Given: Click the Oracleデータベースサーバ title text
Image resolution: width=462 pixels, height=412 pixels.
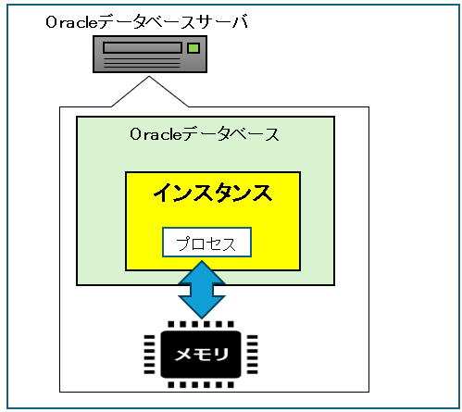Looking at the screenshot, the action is point(147,22).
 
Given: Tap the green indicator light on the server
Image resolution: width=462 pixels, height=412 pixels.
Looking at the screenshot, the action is point(194,48).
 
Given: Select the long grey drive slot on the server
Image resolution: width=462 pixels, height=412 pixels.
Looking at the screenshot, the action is point(143,48).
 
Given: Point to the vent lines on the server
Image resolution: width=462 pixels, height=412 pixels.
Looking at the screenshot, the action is point(143,62).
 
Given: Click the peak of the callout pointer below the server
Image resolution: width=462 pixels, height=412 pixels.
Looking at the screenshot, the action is point(149,77).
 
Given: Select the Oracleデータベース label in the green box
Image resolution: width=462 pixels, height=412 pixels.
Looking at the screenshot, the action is point(205,134).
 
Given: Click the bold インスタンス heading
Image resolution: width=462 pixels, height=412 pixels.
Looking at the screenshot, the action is point(213,193).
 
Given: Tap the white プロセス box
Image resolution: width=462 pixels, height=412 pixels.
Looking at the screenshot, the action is point(206,243).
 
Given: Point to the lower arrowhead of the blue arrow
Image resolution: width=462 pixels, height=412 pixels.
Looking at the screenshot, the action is point(202,307).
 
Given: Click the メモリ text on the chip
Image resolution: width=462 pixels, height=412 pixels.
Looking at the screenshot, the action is point(201,355).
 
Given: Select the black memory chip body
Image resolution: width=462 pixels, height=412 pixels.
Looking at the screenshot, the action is point(201,355).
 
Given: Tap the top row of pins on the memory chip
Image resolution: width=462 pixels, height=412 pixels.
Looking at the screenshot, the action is point(201,324).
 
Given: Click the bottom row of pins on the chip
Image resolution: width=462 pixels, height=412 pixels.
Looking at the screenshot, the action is point(201,384).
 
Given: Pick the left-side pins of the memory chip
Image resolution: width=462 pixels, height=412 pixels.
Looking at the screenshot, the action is point(150,355).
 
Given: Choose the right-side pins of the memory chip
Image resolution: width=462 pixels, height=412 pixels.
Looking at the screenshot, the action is point(252,355).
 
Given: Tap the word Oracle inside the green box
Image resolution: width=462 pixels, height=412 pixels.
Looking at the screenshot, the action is point(156,134).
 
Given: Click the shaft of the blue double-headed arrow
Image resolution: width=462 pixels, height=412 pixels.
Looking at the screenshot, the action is point(202,290).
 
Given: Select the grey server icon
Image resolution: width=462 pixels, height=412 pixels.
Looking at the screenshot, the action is point(150,55).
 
